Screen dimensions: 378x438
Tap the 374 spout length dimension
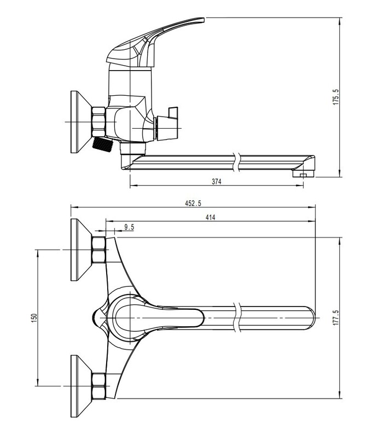[x=217, y=182]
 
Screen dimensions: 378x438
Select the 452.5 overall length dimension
[x=193, y=203]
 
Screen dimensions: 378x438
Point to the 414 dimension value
[x=210, y=217]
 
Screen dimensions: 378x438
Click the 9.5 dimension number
[x=129, y=227]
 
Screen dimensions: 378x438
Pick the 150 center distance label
[x=34, y=318]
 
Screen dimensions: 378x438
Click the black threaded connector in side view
[x=102, y=144]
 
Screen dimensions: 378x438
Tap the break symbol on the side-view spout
[x=237, y=162]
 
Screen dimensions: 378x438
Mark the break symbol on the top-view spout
[x=237, y=318]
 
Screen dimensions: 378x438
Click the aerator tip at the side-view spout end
[x=303, y=174]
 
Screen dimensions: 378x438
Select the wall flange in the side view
[x=81, y=122]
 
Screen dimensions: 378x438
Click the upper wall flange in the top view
[x=81, y=250]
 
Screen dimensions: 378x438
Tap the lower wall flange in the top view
[x=81, y=387]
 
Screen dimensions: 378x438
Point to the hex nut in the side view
[x=98, y=122]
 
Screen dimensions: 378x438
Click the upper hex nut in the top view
[x=98, y=250]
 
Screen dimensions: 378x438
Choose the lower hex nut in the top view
[x=98, y=386]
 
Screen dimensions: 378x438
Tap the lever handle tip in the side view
[x=201, y=20]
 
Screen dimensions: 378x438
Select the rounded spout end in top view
[x=310, y=318]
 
